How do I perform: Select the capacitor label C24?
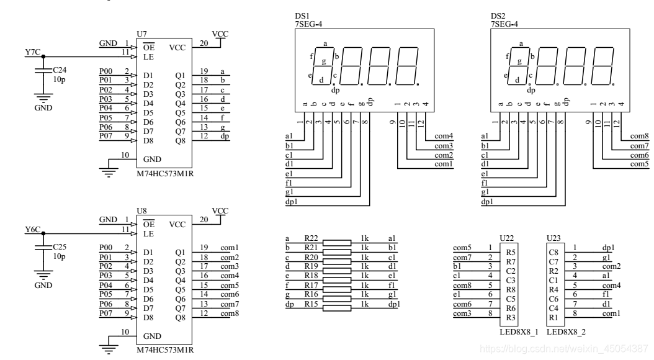tap(60, 70)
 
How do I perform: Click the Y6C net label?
tap(32, 230)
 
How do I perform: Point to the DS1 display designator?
tap(302, 16)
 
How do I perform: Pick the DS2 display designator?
tap(498, 16)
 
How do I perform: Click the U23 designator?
tap(552, 238)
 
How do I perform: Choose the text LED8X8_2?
tap(566, 331)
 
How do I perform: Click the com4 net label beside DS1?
tap(444, 135)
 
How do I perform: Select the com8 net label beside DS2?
tap(639, 135)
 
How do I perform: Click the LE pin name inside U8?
tap(149, 234)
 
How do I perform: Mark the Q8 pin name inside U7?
tap(181, 140)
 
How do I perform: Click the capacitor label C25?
tap(60, 247)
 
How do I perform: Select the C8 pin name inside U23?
tap(553, 252)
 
